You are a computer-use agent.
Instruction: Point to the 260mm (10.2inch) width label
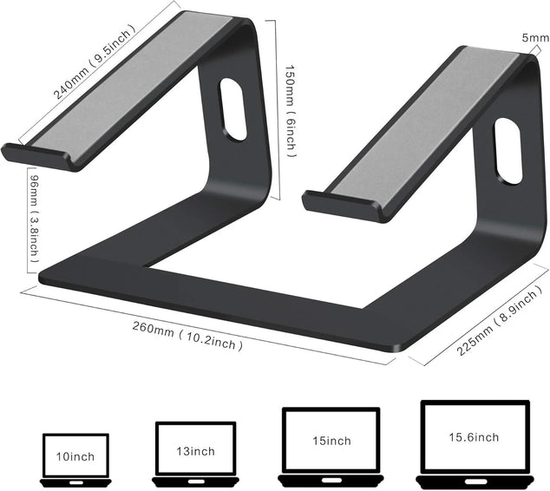pyautogui.click(x=187, y=337)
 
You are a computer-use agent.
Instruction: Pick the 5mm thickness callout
pyautogui.click(x=535, y=38)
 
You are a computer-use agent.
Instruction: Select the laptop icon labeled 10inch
pyautogui.click(x=75, y=457)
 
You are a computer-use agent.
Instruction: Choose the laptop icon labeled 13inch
pyautogui.click(x=195, y=454)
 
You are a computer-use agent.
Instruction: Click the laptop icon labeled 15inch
pyautogui.click(x=331, y=443)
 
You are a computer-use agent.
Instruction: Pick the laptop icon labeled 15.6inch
pyautogui.click(x=474, y=440)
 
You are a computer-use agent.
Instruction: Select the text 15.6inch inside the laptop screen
pyautogui.click(x=474, y=436)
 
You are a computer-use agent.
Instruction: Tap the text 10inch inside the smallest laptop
pyautogui.click(x=75, y=455)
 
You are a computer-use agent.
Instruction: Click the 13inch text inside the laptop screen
pyautogui.click(x=195, y=451)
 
